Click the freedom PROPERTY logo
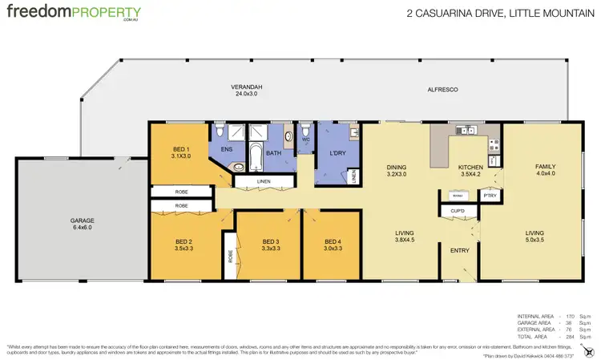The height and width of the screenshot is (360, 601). [x=74, y=14]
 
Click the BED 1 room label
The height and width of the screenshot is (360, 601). [x=182, y=152]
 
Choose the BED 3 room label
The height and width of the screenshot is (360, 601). [x=270, y=245]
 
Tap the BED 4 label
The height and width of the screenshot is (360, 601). [x=332, y=245]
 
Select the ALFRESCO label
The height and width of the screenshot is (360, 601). [x=442, y=90]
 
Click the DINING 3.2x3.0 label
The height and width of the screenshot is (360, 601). [x=396, y=170]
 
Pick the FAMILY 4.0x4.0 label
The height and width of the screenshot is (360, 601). [x=545, y=170]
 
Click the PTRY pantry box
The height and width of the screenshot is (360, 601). [x=488, y=195]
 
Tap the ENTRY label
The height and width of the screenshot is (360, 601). [x=458, y=249]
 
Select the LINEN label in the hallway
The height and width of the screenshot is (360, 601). [x=264, y=181]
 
